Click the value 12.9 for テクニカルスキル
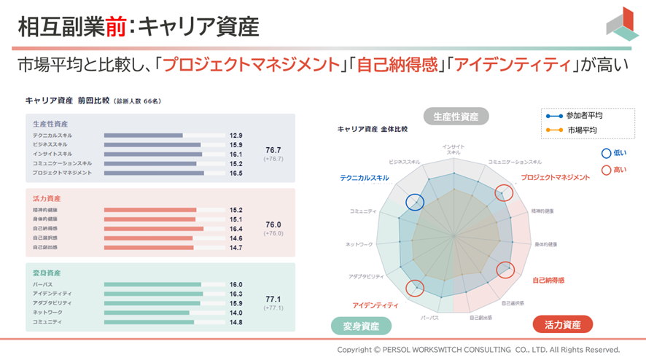click(236, 136)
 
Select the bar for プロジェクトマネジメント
click(154, 173)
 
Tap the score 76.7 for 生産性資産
click(273, 149)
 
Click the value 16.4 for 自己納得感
click(236, 229)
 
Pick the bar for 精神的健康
click(150, 210)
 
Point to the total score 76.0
click(273, 224)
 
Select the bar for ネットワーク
click(147, 313)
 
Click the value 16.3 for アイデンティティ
click(236, 294)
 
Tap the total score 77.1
click(273, 299)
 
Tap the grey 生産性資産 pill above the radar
click(456, 116)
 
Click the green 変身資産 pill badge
click(361, 325)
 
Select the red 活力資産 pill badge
click(562, 325)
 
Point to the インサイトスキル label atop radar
click(453, 150)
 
